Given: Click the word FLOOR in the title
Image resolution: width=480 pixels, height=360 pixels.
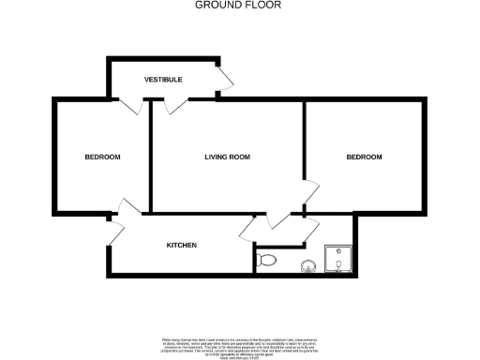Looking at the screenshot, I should coord(264,5).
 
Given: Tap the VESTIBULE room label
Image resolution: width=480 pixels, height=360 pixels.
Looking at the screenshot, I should coord(163,80).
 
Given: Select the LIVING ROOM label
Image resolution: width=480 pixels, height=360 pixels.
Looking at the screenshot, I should coord(227,157).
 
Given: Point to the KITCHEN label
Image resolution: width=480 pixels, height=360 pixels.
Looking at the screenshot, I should coord(181,246).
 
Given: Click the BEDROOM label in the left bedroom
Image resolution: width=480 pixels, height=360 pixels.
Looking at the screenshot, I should coord(102,157).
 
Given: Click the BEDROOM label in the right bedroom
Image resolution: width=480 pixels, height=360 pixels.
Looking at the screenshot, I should coord(364,157).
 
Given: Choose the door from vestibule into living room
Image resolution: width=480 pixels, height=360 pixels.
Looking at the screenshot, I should coord(174,106).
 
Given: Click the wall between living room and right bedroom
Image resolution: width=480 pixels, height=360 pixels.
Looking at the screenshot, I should coord(304,141).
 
